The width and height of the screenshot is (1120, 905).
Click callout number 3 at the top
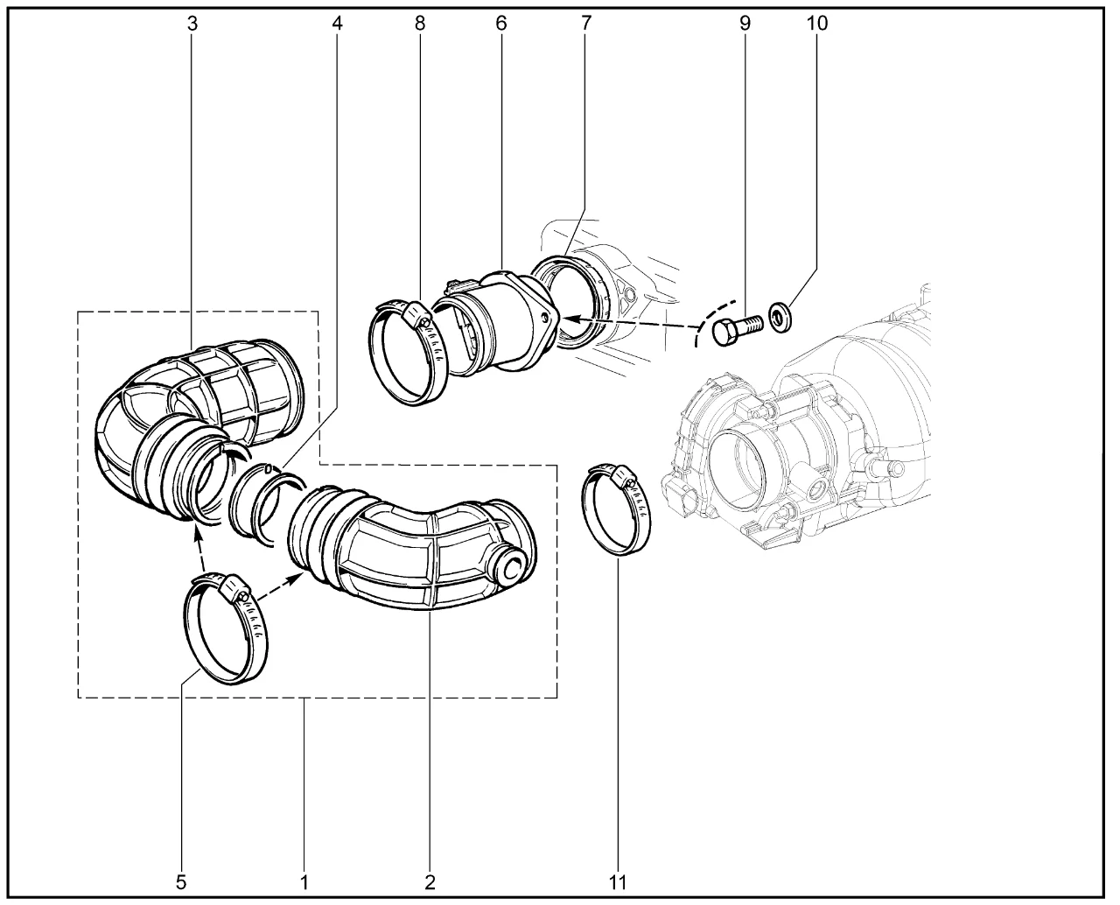point(192,24)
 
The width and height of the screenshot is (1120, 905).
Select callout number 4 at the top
point(337,24)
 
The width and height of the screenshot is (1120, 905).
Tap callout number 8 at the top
point(420,24)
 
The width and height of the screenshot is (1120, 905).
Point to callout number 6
point(501,24)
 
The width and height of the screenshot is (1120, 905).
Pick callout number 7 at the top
point(586,24)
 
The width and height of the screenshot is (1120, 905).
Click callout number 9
point(745,24)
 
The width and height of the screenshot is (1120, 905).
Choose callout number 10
point(817,24)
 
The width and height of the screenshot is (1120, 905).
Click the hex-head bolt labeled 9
point(737,329)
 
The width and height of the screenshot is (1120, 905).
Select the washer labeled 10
point(780,317)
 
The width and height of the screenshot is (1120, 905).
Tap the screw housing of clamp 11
point(624,477)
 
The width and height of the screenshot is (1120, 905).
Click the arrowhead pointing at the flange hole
point(570,319)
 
